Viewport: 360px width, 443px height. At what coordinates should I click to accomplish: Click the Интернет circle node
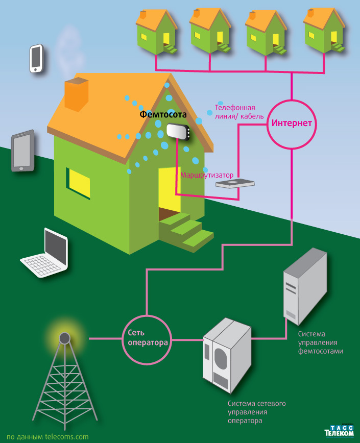(x=292, y=123)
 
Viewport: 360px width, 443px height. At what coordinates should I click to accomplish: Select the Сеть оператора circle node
(x=146, y=338)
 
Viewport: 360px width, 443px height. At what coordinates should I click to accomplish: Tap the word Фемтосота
(x=163, y=115)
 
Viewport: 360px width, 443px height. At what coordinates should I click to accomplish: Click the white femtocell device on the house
(x=178, y=132)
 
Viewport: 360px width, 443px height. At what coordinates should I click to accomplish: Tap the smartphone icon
(x=36, y=58)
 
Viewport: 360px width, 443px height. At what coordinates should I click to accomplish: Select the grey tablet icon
(x=22, y=151)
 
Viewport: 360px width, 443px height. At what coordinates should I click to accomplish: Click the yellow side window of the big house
(x=79, y=184)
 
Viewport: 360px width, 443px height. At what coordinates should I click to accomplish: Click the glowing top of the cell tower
(x=64, y=337)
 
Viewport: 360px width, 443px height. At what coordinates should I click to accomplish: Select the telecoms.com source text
(x=44, y=437)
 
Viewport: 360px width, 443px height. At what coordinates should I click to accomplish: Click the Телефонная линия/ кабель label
(x=239, y=112)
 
